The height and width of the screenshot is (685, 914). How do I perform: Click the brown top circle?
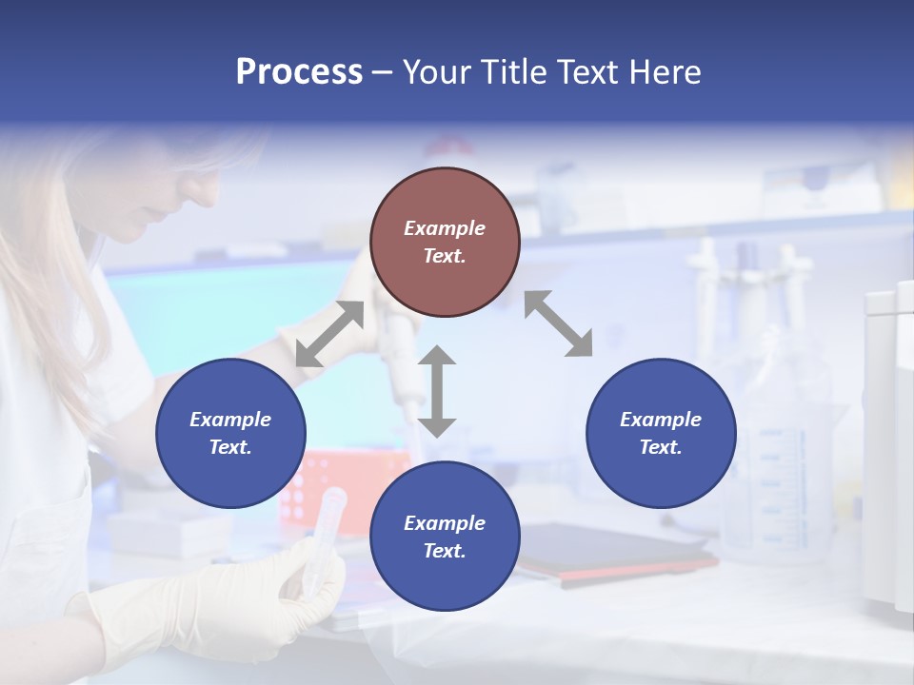[x=445, y=243]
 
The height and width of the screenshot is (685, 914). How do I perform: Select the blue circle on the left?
[x=230, y=433]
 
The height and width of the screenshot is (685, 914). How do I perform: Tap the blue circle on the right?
[x=661, y=433]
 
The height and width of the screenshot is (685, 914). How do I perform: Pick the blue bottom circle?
[x=445, y=537]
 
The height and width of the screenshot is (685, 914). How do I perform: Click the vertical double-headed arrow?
[x=437, y=391]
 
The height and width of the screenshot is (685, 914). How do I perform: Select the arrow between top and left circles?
[x=329, y=334]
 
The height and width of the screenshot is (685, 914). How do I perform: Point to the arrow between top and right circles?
[x=558, y=323]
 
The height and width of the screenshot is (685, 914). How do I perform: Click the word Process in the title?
[x=299, y=72]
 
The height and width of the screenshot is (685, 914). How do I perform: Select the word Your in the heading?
[x=438, y=72]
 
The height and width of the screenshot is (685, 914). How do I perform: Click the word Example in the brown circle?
[x=445, y=228]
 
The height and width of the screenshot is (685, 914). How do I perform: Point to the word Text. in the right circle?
[x=661, y=447]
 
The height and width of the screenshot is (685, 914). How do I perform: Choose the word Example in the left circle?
[x=230, y=420]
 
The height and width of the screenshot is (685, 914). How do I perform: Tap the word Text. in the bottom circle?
[x=445, y=551]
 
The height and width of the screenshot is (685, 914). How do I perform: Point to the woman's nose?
[x=210, y=196]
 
